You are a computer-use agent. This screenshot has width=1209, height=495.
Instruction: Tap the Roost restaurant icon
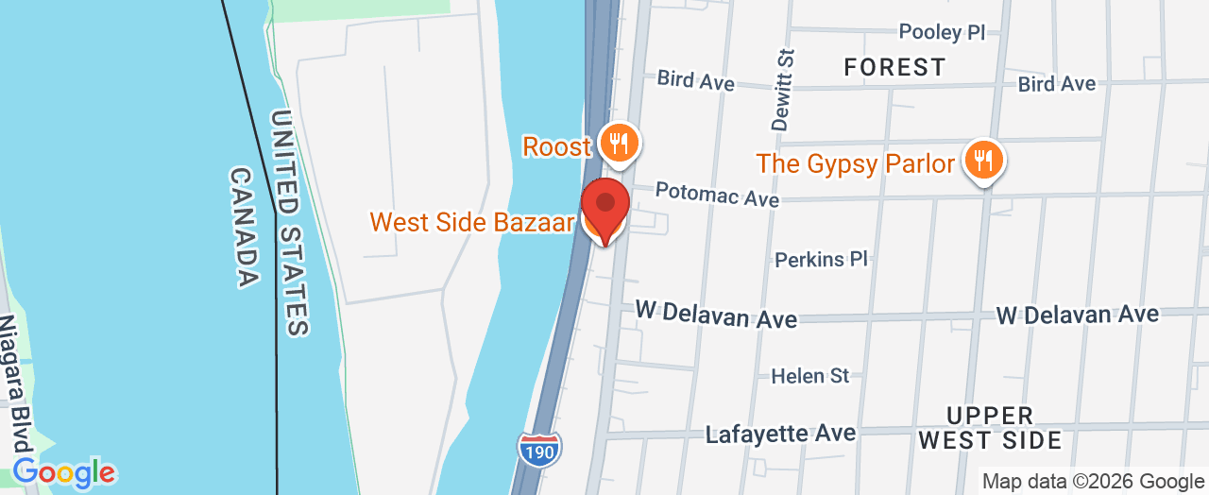point(619,144)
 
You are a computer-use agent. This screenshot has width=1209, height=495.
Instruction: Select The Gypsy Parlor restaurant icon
point(984,161)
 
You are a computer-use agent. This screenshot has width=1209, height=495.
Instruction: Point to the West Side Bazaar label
point(472,222)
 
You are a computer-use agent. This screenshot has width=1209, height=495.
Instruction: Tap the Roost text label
point(557,146)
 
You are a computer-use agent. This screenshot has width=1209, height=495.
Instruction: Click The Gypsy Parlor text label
point(856,163)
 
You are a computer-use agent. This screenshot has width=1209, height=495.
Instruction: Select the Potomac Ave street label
point(717,195)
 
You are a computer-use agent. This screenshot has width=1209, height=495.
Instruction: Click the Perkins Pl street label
point(820,259)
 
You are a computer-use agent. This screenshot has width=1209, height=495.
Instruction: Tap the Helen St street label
point(810,375)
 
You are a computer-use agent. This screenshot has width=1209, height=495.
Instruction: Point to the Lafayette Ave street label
point(780,434)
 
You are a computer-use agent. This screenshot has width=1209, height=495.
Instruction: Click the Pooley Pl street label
point(942,32)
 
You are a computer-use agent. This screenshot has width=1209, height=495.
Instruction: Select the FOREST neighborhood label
point(894,67)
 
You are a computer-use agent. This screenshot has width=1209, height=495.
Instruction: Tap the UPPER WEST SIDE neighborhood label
point(990,428)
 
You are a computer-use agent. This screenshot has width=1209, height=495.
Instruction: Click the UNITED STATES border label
point(289,223)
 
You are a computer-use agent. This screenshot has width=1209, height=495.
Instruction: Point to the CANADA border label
point(244,227)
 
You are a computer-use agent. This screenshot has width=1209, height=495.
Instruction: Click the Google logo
point(63,471)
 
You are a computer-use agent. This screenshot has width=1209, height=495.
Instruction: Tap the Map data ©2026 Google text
point(1093,481)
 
